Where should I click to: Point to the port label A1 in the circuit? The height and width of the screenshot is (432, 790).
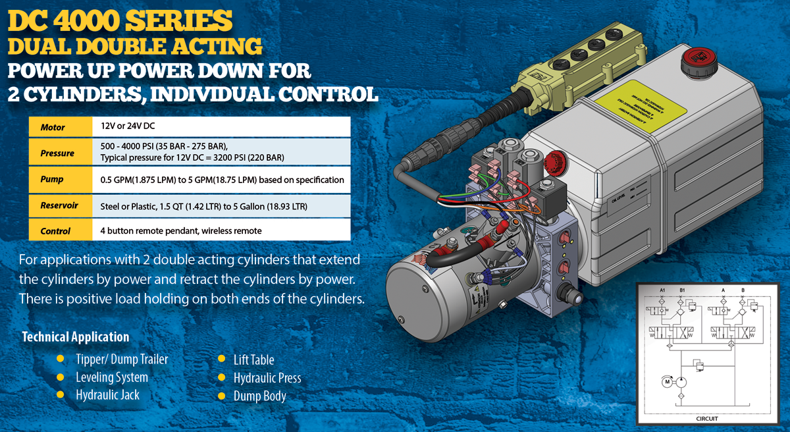point(663,290)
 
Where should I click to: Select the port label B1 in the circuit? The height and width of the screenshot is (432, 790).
point(681,290)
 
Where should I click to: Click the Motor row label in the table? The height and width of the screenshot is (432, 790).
point(53,127)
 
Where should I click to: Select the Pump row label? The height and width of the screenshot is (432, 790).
point(52,180)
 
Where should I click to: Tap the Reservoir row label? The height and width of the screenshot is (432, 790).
point(59,205)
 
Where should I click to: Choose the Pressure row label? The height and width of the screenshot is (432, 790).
point(57,153)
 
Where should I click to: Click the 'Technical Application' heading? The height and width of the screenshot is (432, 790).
point(76,337)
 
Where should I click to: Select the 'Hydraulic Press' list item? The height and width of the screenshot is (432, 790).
point(267,378)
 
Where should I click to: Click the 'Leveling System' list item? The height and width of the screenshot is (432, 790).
point(112,377)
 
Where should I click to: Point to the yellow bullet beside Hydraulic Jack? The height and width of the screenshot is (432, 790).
point(61,394)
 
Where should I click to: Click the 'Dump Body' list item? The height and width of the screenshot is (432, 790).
point(260,396)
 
